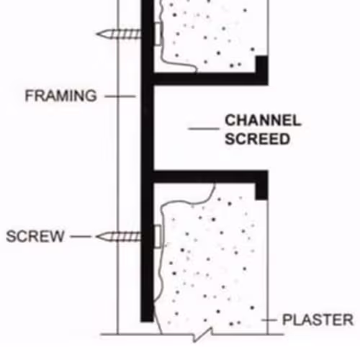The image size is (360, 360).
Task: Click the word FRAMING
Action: click(61, 96)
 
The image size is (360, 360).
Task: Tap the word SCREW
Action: click(35, 236)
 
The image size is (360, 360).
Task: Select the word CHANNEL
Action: click(263, 120)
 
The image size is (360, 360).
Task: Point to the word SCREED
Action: click(257, 139)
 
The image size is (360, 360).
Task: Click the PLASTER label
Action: click(318, 320)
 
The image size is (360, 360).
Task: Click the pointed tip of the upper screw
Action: click(96, 34)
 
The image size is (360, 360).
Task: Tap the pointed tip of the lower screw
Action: click(96, 237)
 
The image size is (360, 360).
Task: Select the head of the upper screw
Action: click(158, 34)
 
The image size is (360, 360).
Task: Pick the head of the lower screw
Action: click(158, 236)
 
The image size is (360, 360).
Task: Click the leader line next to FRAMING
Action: click(120, 96)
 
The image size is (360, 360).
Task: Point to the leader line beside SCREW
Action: click(81, 237)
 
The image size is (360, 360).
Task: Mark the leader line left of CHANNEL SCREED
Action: click(204, 129)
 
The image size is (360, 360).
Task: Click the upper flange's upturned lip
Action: click(261, 64)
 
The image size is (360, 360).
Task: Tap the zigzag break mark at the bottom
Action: click(203, 334)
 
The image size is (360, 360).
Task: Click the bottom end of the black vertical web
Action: click(147, 321)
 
